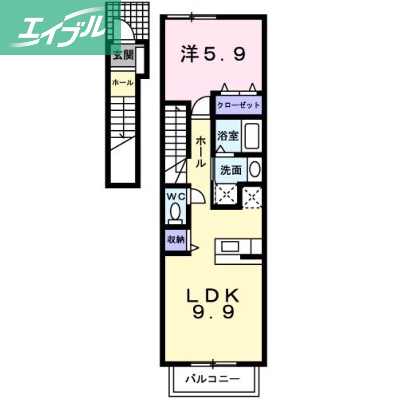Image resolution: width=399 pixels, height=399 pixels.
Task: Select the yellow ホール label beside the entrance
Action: pos(122,83)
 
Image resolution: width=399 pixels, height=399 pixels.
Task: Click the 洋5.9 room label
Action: pos(213,54)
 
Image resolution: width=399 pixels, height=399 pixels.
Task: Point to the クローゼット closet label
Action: pos(238,105)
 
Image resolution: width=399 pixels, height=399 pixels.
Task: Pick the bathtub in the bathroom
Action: pos(252,135)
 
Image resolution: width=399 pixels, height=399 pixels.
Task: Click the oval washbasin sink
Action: pos(254,170)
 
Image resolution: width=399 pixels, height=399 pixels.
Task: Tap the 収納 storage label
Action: pos(176,239)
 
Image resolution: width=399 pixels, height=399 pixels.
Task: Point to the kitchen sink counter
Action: pos(231,247)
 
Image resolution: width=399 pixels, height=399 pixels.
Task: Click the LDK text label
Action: pos(213,296)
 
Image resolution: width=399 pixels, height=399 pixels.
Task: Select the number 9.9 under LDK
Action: pos(213,314)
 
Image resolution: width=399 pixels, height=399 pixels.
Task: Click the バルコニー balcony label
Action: pos(213,379)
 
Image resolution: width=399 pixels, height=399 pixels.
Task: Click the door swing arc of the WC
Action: pos(197,198)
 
